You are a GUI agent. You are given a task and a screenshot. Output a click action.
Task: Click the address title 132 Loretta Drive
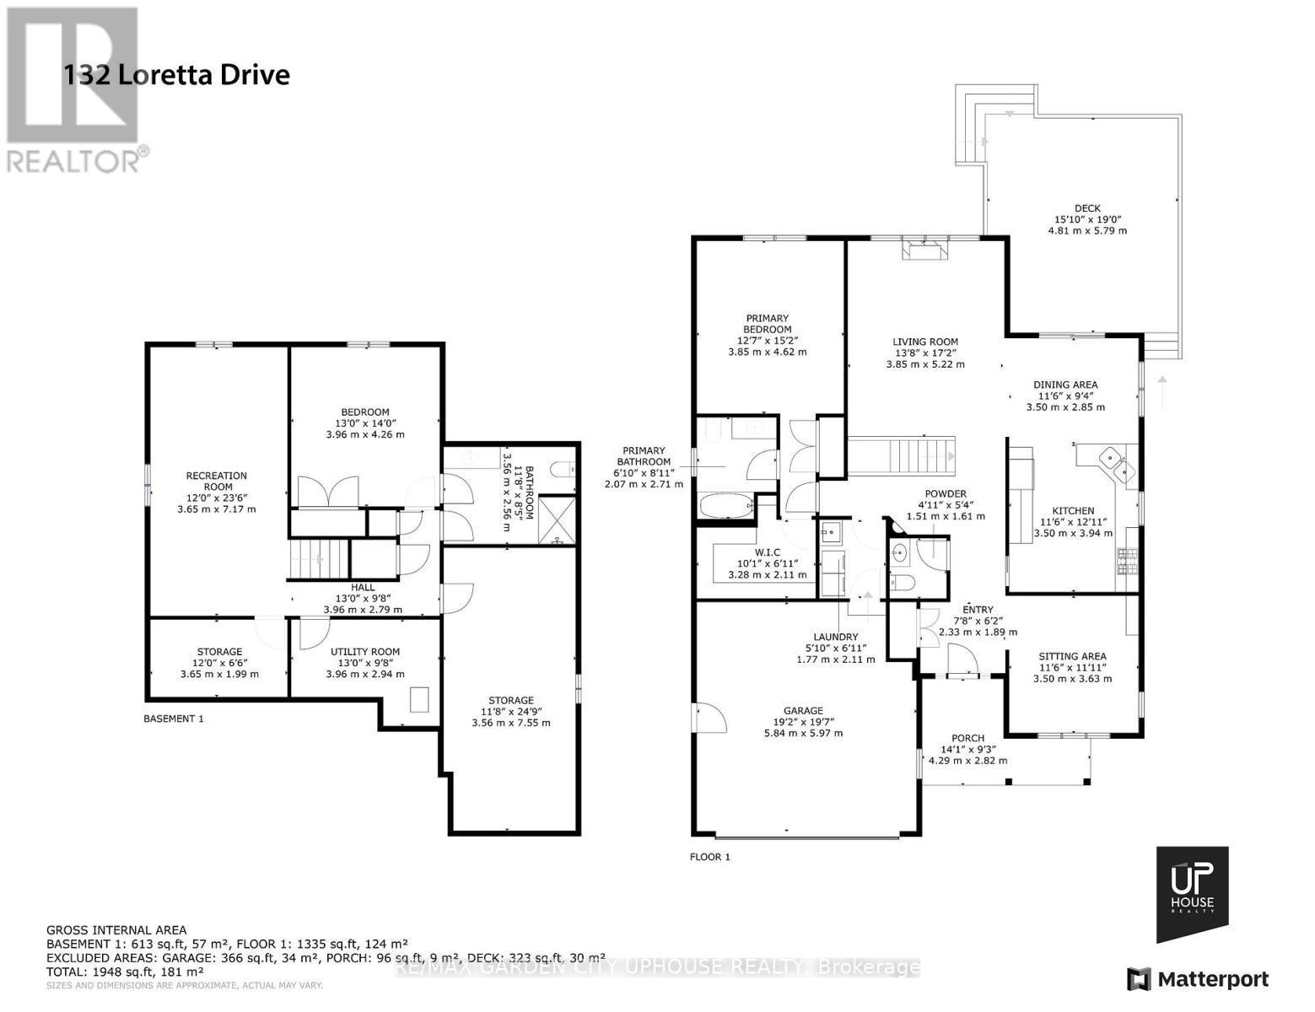[176, 76]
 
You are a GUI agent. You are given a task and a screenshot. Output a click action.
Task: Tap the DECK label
[1087, 208]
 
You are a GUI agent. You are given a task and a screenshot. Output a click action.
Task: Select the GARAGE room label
[803, 711]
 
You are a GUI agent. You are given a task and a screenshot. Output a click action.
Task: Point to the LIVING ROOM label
[925, 342]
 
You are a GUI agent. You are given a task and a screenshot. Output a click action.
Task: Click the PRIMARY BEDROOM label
[768, 324]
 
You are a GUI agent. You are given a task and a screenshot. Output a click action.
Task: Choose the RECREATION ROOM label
[217, 481]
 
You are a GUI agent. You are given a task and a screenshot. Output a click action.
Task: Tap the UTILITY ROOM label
[365, 652]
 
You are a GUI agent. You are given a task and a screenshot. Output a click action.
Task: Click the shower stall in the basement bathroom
[556, 520]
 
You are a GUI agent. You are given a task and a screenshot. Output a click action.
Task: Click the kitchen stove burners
[1127, 562]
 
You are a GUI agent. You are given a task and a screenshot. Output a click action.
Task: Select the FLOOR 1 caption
[710, 857]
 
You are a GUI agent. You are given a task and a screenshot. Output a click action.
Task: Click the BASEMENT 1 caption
[173, 719]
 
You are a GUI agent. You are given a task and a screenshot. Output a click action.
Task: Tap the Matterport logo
[1198, 979]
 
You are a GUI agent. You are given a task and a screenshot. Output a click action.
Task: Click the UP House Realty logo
[1192, 894]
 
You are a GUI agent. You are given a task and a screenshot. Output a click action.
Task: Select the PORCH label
[967, 738]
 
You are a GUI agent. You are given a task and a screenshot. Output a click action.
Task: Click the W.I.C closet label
[767, 552]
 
